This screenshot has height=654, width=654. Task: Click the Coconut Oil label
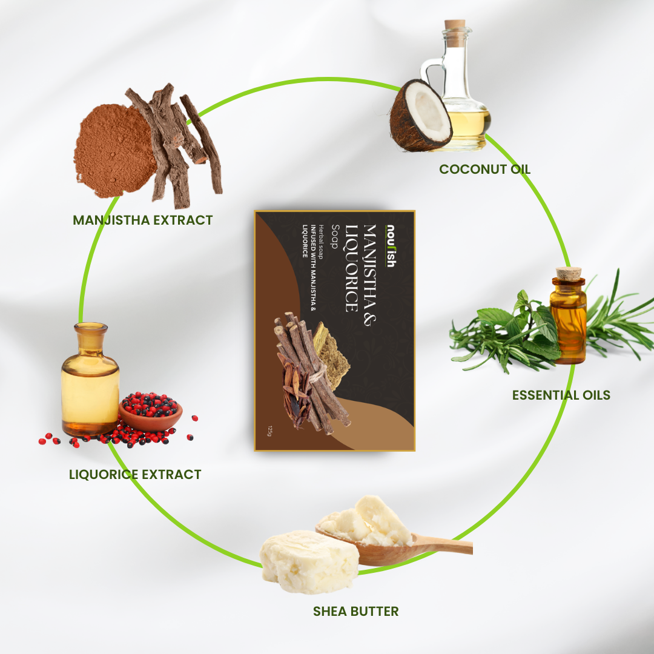[484, 169]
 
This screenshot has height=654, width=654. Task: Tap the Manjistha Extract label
[143, 220]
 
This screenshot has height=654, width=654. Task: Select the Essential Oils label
[561, 395]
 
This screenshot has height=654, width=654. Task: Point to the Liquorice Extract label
[135, 474]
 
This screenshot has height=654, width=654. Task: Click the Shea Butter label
[356, 611]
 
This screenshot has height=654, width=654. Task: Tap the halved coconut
[420, 116]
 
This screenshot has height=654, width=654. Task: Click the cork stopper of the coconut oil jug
[455, 25]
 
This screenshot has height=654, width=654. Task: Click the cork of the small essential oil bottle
[569, 274]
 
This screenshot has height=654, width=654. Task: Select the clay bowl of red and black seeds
[151, 412]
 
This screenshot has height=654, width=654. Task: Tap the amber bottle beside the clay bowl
[90, 379]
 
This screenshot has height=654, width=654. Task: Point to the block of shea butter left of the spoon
[309, 561]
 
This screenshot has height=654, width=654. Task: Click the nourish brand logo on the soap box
[391, 246]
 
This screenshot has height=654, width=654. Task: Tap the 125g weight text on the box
[269, 431]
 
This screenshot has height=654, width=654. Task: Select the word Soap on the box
[335, 237]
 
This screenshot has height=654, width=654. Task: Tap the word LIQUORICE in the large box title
[351, 268]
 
